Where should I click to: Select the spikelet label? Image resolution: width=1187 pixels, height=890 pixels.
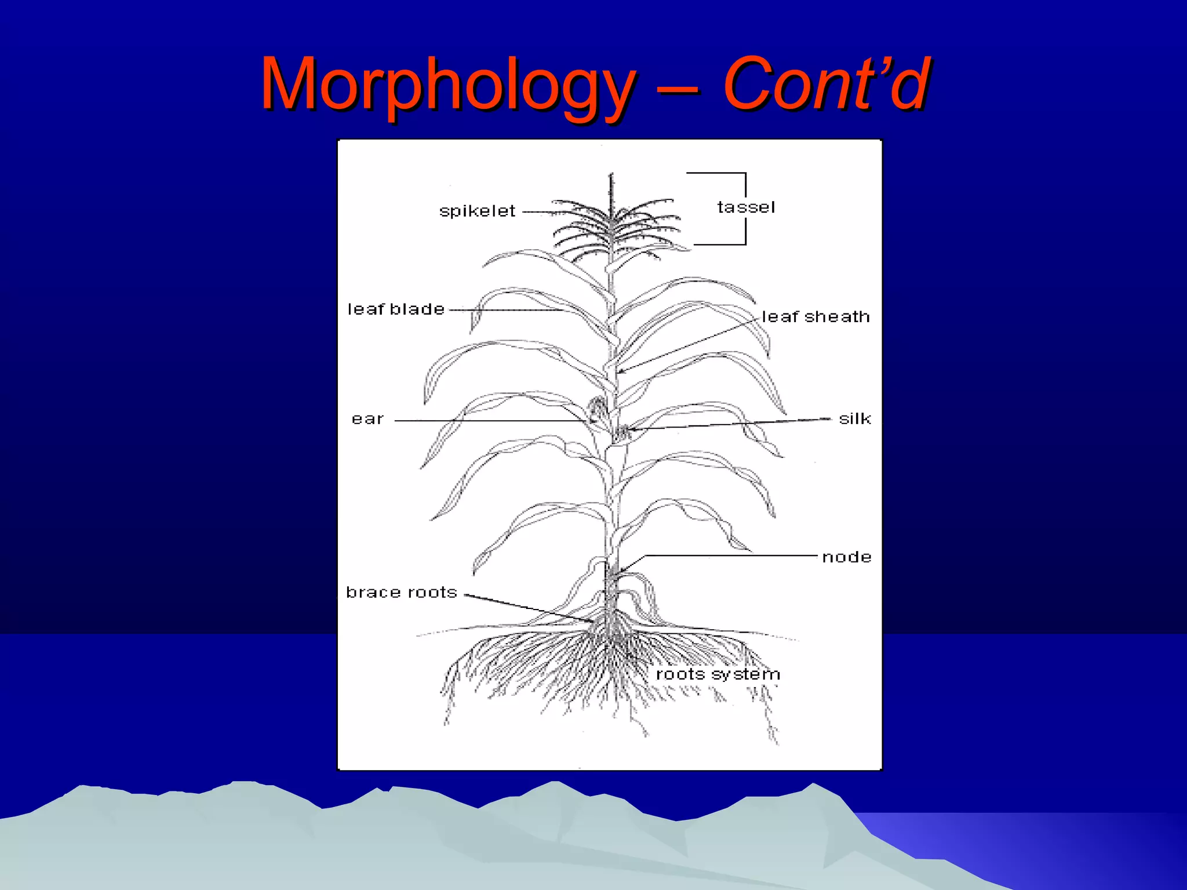coord(477,211)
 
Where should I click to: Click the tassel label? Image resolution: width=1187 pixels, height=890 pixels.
coord(746,207)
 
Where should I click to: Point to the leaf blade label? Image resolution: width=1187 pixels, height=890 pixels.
coord(396,309)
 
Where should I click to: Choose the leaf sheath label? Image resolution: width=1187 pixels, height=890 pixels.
coord(815,317)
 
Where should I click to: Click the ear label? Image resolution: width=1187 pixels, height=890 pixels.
coord(367,419)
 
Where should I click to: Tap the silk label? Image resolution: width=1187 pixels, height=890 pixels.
coord(855,419)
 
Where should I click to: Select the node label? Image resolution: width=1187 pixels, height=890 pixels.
coord(847,557)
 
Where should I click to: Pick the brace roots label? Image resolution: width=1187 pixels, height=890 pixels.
coord(402,592)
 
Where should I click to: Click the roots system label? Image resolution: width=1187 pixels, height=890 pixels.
coord(718,674)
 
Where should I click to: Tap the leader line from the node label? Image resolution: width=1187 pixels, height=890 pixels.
coord(730,556)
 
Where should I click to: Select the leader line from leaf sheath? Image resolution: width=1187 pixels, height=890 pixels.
coord(690,345)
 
